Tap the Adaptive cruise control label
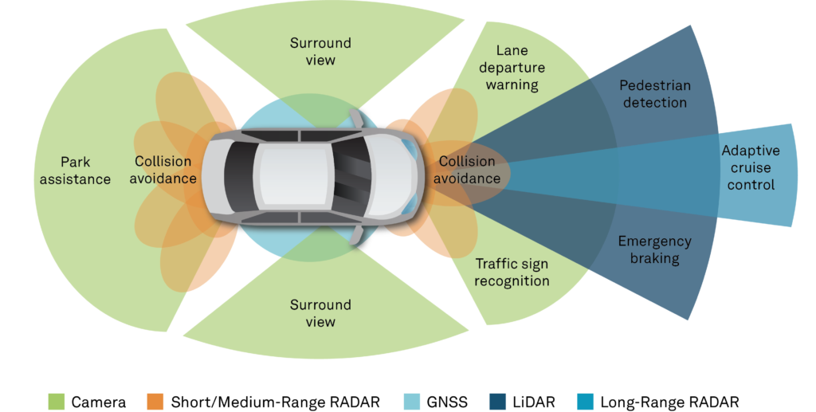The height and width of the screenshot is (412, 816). click(750, 167)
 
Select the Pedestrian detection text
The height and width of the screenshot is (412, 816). click(654, 93)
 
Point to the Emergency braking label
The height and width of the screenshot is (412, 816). click(654, 249)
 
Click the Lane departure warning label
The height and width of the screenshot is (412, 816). click(512, 67)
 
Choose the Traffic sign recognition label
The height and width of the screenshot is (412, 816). click(512, 272)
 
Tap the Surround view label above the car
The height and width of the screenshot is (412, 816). click(320, 51)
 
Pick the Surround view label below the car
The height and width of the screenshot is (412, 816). click(320, 313)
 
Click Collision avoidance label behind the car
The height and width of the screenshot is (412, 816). click(165, 169)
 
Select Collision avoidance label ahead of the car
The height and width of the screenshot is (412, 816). click(469, 170)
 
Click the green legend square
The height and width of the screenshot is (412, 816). click(57, 401)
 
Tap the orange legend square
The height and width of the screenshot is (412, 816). click(155, 401)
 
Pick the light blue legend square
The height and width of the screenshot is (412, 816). click(412, 401)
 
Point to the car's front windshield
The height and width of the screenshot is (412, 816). click(349, 174)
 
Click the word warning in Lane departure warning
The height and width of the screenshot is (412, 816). click(512, 84)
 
